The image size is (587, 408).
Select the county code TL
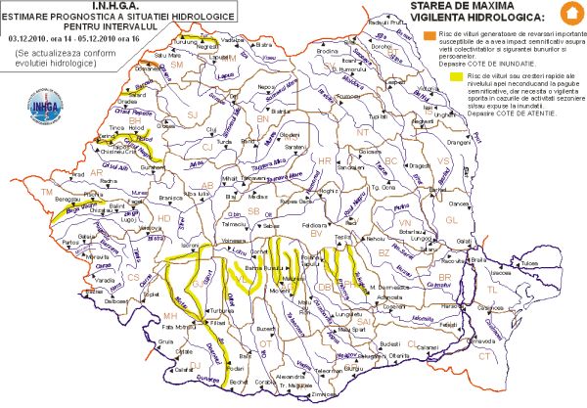(519, 291)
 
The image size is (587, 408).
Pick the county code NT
(363, 131)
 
